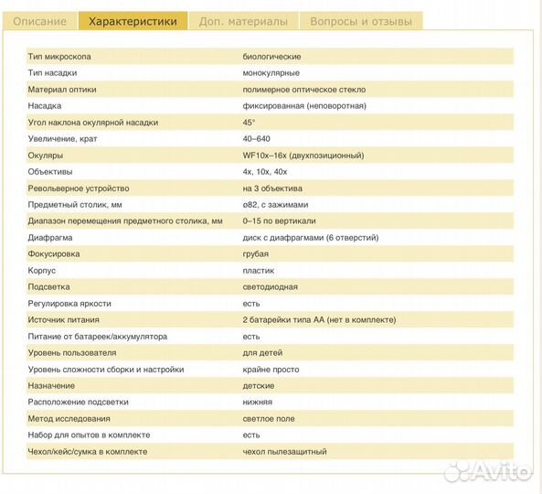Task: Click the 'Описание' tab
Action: tap(39, 21)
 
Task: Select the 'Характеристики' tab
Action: tap(133, 21)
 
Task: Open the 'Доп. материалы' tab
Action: tap(243, 21)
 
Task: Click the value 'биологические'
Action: tap(271, 57)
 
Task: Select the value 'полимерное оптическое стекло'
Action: tap(304, 90)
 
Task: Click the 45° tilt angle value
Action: tap(249, 123)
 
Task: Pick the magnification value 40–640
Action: tap(257, 139)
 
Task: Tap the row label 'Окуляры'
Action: tap(46, 156)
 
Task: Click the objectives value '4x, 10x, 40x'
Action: tap(265, 172)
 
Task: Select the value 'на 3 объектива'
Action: tap(272, 188)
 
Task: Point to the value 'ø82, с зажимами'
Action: tap(275, 205)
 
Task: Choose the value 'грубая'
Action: tap(257, 254)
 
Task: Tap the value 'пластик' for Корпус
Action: tap(259, 271)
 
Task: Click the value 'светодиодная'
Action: tap(271, 287)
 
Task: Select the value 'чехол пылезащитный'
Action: tap(285, 452)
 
